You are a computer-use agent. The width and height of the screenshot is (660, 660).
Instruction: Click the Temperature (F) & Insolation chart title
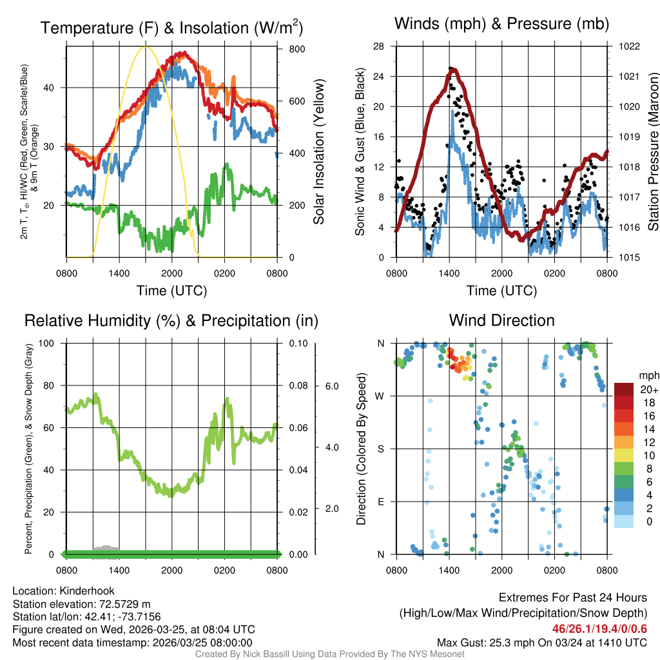(x=171, y=28)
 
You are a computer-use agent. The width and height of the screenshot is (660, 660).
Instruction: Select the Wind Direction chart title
(x=501, y=320)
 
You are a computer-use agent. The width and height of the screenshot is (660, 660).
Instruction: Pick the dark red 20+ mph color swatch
(x=624, y=390)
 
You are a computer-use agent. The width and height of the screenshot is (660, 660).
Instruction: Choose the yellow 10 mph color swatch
(x=624, y=456)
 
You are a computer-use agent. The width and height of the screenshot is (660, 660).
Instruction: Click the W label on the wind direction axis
(x=381, y=396)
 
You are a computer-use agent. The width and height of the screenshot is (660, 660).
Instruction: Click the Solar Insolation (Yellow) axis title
(x=318, y=151)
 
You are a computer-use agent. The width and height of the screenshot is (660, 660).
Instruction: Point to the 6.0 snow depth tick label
(x=331, y=386)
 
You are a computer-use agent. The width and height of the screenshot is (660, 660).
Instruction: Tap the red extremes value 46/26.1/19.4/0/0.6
(x=599, y=628)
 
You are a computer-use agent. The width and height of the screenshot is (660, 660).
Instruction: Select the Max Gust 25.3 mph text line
(x=541, y=642)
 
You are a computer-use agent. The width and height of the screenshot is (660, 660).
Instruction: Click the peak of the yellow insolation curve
(x=146, y=46)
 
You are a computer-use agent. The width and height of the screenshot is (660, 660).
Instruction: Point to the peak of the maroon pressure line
(x=452, y=70)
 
